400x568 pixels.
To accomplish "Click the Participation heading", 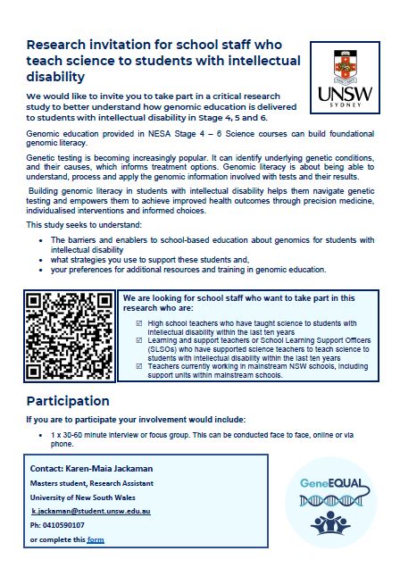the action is click(x=68, y=401).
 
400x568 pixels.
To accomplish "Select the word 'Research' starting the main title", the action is click(x=60, y=45).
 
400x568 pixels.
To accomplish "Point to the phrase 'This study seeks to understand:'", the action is click(x=76, y=224).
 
